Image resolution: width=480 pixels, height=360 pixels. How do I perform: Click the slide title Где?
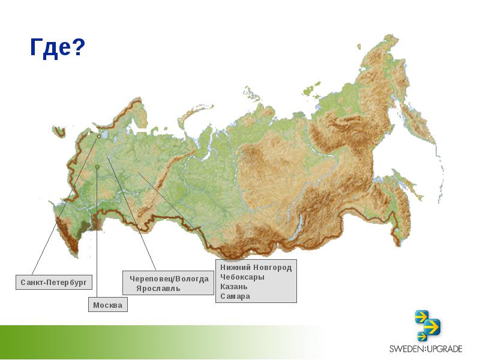(x=58, y=47)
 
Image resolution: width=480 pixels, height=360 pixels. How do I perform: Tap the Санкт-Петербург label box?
(x=54, y=282)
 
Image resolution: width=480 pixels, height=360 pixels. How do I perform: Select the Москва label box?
(x=108, y=305)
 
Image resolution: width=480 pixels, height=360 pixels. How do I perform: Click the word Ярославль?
(x=158, y=289)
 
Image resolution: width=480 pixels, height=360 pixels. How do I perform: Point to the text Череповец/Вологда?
(x=169, y=279)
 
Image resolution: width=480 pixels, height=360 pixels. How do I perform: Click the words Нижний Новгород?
(x=256, y=267)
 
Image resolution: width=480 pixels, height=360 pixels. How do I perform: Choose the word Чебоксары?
(x=242, y=277)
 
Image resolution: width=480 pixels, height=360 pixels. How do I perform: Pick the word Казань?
(x=233, y=287)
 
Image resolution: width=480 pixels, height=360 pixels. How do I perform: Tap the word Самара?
(x=235, y=296)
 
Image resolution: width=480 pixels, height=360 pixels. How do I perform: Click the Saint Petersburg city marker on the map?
(x=99, y=136)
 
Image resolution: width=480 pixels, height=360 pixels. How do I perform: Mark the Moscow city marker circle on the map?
(x=97, y=167)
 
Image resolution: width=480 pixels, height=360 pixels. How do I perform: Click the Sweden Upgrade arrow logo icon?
(x=428, y=325)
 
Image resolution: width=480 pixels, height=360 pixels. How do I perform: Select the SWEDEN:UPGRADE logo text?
(x=425, y=349)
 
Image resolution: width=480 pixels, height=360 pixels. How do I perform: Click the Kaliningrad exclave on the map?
(x=58, y=131)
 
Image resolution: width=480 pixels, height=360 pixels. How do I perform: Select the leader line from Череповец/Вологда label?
(x=132, y=213)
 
